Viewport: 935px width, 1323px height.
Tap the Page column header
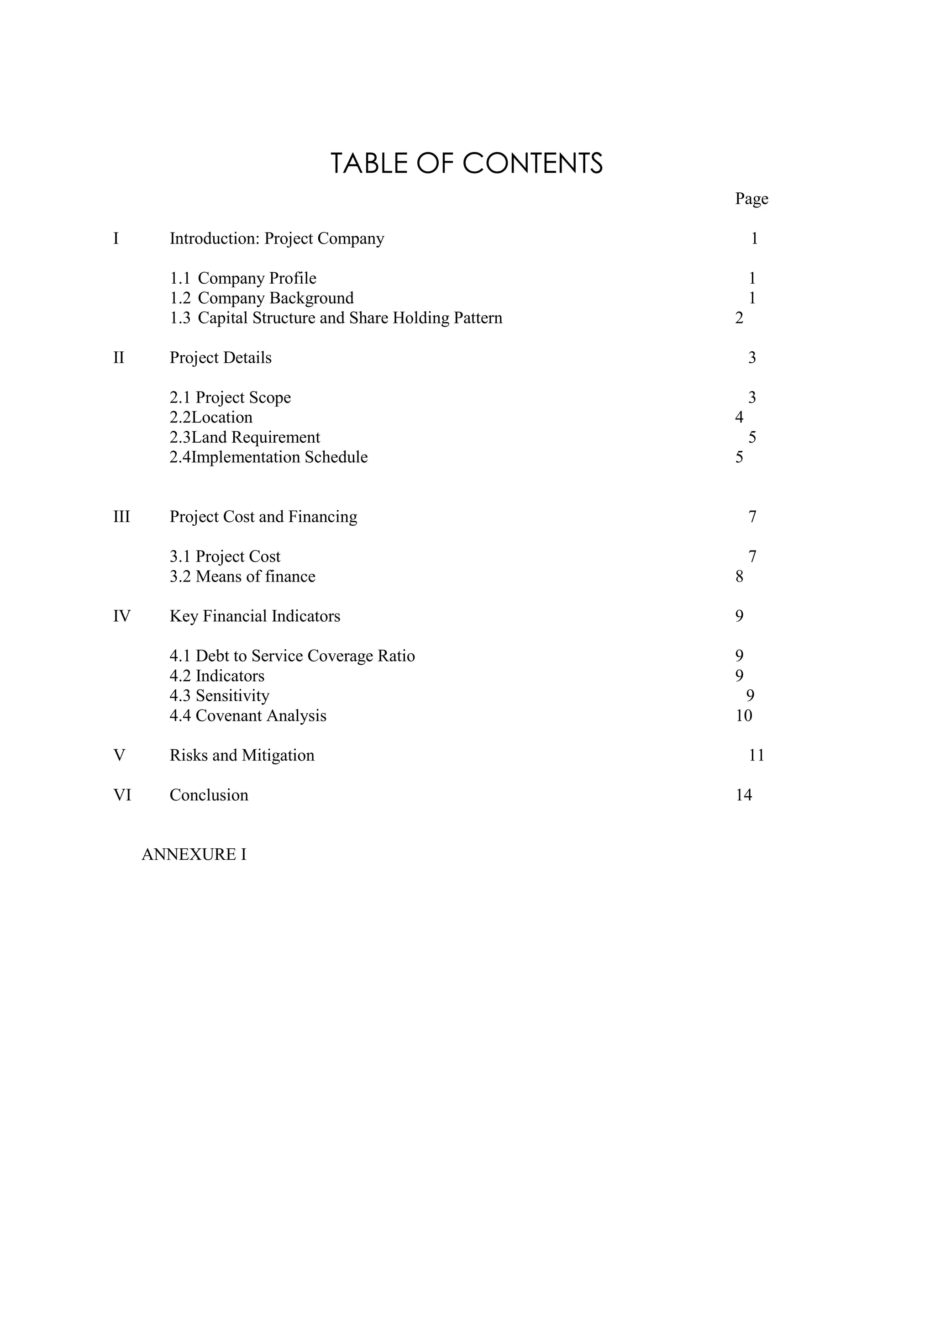[751, 199]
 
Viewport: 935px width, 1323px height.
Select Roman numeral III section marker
[121, 517]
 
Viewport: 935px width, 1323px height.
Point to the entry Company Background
[262, 298]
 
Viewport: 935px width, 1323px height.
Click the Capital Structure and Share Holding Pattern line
[336, 318]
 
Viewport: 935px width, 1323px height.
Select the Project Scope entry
[230, 397]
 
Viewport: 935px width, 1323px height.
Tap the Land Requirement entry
[245, 437]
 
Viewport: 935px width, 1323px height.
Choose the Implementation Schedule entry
[268, 457]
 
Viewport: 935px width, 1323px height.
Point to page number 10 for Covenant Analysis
[744, 716]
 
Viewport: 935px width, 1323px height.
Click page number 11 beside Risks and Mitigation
[756, 756]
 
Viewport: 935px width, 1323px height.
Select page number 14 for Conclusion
[744, 795]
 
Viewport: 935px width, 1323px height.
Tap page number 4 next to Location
[739, 417]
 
